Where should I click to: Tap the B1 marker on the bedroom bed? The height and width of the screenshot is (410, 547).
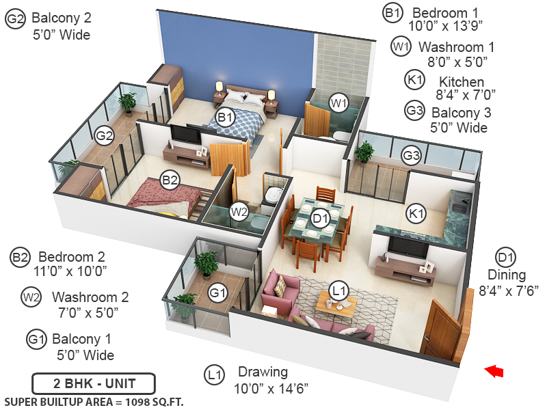pyautogui.click(x=226, y=118)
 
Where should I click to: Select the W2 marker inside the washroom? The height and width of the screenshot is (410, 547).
pyautogui.click(x=239, y=211)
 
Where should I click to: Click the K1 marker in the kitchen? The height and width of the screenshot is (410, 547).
pyautogui.click(x=416, y=214)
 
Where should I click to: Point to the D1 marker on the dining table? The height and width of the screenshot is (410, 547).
pyautogui.click(x=321, y=218)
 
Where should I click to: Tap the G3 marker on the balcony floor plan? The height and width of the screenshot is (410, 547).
pyautogui.click(x=411, y=156)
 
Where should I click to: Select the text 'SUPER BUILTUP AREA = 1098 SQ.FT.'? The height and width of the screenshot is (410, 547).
pyautogui.click(x=94, y=400)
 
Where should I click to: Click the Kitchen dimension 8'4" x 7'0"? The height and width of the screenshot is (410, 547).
pyautogui.click(x=466, y=95)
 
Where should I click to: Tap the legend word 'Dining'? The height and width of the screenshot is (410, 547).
pyautogui.click(x=507, y=275)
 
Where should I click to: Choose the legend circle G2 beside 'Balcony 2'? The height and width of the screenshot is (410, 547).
pyautogui.click(x=15, y=19)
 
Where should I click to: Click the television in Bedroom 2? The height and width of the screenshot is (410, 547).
pyautogui.click(x=186, y=135)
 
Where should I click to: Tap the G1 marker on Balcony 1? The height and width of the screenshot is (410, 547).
pyautogui.click(x=217, y=293)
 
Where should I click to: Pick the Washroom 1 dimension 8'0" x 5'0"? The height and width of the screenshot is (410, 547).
pyautogui.click(x=457, y=61)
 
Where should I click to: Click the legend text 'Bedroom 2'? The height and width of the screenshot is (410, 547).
pyautogui.click(x=72, y=257)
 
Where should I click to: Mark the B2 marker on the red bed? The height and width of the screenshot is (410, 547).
pyautogui.click(x=170, y=180)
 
